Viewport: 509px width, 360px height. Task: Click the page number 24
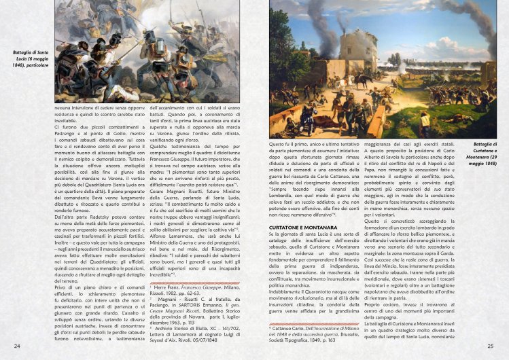click(16, 347)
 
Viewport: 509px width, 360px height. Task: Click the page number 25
click(491, 347)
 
